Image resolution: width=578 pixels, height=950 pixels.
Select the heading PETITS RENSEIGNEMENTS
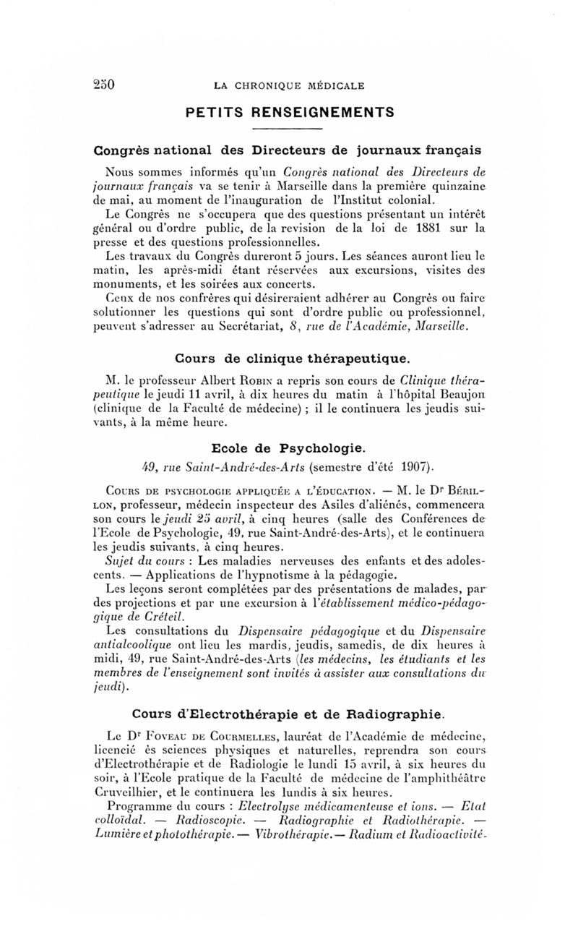pos(289,113)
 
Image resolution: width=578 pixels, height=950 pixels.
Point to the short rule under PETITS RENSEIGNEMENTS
pos(289,130)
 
